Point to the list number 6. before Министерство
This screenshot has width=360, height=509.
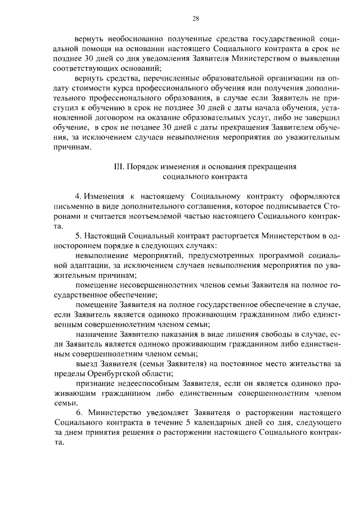[78, 411]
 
